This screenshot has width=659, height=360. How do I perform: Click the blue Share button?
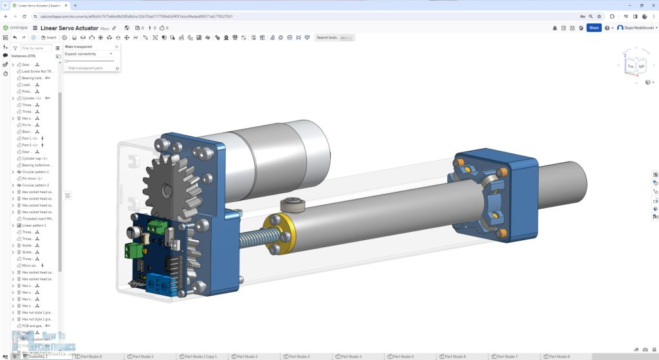[593, 28]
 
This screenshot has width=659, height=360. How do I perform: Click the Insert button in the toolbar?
[48, 37]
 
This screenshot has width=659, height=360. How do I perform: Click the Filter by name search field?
[35, 48]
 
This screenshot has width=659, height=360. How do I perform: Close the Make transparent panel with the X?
[116, 47]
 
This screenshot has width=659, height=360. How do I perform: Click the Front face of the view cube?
[631, 66]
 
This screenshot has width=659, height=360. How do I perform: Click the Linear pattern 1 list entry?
[35, 226]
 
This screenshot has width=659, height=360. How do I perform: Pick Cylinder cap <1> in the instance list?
[35, 158]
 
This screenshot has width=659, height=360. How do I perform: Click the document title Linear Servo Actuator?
[70, 28]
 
